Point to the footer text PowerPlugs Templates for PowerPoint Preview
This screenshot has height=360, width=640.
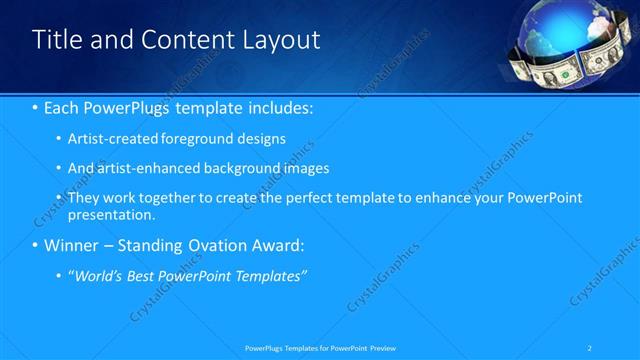[x=320, y=347]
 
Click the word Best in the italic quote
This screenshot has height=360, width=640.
[x=146, y=276]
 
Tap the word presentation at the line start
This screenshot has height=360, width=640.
[x=110, y=214]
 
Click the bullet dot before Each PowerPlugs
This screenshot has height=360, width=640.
[x=35, y=106]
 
